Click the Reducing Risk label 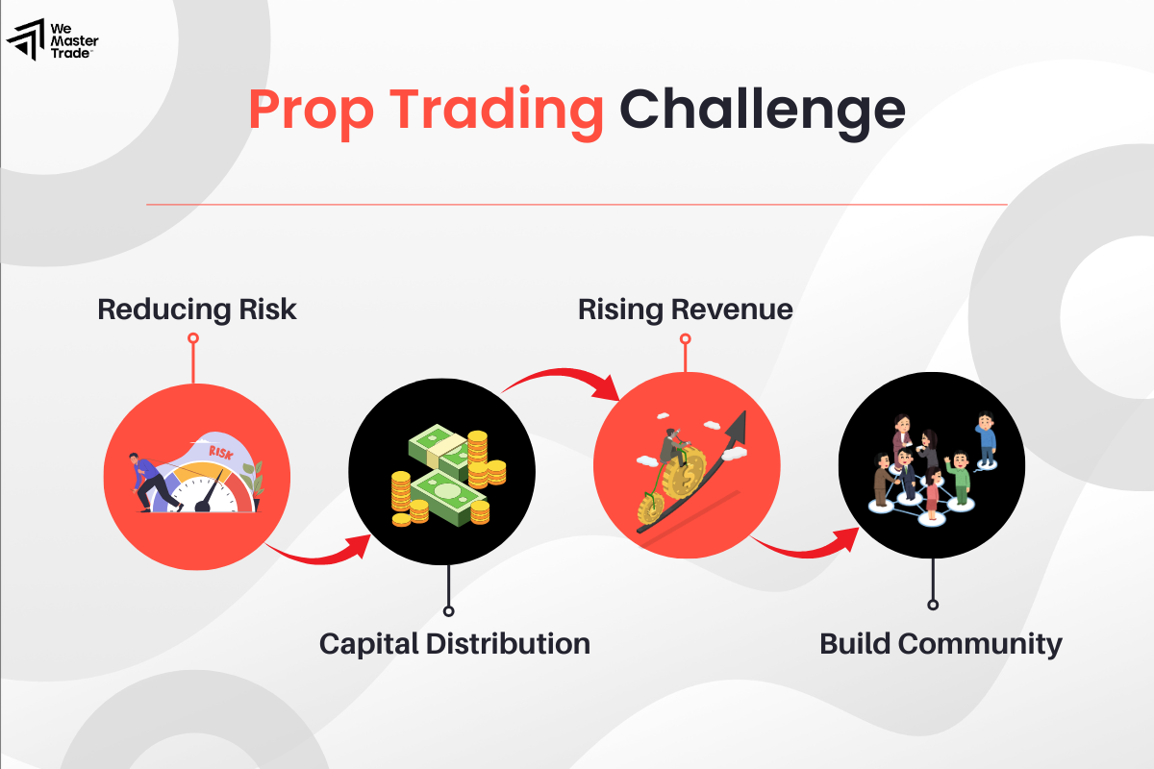click(x=197, y=310)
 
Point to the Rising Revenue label click(x=685, y=310)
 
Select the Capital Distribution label click(x=454, y=643)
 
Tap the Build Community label click(x=940, y=643)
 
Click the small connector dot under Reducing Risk click(x=193, y=338)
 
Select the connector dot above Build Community click(x=932, y=605)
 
